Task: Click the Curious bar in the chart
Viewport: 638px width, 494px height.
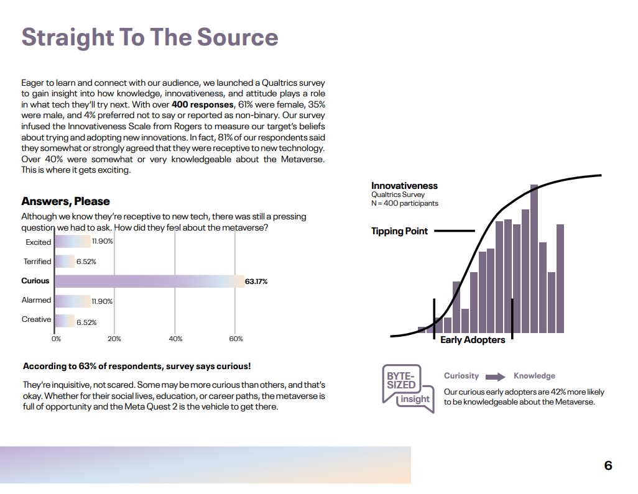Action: (149, 281)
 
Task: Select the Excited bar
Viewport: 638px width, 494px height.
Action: (73, 242)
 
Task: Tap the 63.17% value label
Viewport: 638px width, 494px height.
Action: (256, 281)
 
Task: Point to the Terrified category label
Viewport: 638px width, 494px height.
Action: (37, 262)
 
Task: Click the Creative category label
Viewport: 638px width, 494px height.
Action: (37, 319)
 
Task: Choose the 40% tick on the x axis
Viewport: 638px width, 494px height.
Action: (175, 339)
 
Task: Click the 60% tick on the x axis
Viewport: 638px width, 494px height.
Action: (236, 339)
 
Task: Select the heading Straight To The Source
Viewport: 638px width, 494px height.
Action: (150, 37)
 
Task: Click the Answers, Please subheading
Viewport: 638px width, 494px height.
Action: (65, 201)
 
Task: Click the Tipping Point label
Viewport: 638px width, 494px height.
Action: (399, 231)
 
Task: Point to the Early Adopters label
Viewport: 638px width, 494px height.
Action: (473, 340)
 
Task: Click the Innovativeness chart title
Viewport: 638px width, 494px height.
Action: (404, 186)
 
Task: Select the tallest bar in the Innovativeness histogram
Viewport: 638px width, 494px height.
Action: (534, 258)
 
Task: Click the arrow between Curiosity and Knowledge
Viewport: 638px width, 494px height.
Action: (496, 377)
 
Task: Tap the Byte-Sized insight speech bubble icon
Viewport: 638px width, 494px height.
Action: (402, 385)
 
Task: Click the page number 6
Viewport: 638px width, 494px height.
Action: (608, 465)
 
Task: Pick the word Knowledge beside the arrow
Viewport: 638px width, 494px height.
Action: (534, 376)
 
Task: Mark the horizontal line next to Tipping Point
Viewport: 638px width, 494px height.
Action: (455, 231)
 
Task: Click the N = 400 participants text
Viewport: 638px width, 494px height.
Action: (405, 203)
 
